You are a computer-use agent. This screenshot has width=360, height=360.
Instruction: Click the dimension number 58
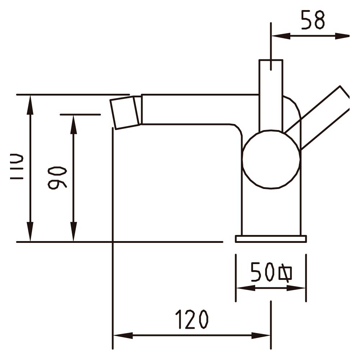[x=313, y=20]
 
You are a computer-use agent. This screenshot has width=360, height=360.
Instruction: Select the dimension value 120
[x=192, y=319]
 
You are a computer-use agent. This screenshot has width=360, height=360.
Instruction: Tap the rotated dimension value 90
[x=57, y=178]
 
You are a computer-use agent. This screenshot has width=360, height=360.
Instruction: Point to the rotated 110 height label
[x=17, y=166]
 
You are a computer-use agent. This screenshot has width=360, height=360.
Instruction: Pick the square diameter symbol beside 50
[x=285, y=273]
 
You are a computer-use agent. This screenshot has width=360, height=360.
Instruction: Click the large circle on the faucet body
[x=271, y=159]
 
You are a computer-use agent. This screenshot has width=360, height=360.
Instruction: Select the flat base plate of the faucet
[x=271, y=239]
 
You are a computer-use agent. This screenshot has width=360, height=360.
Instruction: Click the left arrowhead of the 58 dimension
[x=281, y=36]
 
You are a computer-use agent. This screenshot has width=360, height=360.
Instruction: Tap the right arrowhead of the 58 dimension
[x=342, y=36]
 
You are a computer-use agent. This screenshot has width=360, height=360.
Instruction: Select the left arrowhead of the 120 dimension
[x=123, y=336]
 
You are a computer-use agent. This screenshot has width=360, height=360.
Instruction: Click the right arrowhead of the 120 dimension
[x=261, y=336]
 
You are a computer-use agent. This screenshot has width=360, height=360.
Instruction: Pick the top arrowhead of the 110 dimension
[x=30, y=105]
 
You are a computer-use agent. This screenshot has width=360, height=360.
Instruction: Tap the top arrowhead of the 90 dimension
[x=73, y=124]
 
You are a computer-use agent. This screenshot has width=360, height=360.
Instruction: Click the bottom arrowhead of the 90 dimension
[x=73, y=232]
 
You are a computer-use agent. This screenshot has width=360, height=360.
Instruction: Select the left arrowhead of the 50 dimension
[x=246, y=288]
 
